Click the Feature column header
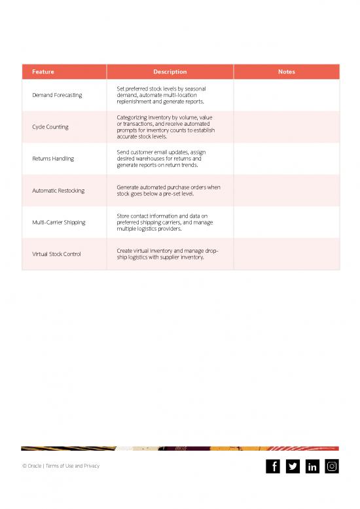coord(43,72)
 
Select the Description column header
coord(170,72)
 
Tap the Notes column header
coord(286,72)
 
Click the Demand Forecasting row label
coord(57,96)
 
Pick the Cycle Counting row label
coord(50,127)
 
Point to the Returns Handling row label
coord(53,159)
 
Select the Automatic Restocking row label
coord(58,191)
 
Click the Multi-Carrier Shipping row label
coord(59,222)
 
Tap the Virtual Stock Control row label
coord(56,254)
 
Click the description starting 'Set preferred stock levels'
coord(161,96)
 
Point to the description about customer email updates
coord(161,159)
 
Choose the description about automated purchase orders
coord(168,191)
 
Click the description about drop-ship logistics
coord(168,254)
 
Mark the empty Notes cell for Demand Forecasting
coord(286,96)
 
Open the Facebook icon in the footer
coord(273,466)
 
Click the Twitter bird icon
coord(293,466)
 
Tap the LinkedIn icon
coord(312,466)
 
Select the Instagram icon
coord(332,466)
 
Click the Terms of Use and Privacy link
coord(73,466)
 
